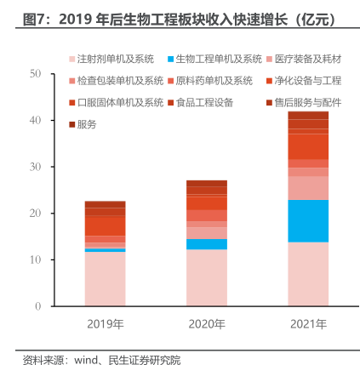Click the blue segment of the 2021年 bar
pyautogui.click(x=308, y=221)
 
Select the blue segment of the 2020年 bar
pyautogui.click(x=207, y=244)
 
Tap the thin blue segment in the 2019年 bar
pyautogui.click(x=105, y=250)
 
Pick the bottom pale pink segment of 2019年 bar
pyautogui.click(x=105, y=279)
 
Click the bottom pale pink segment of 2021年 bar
pyautogui.click(x=308, y=274)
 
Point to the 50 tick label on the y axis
pyautogui.click(x=35, y=74)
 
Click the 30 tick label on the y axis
pyautogui.click(x=35, y=167)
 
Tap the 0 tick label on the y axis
pyautogui.click(x=38, y=306)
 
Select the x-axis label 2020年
pyautogui.click(x=207, y=324)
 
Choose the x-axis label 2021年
pyautogui.click(x=308, y=324)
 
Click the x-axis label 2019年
pyautogui.click(x=106, y=324)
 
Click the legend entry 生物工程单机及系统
pyautogui.click(x=214, y=59)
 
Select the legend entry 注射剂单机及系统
pyautogui.click(x=111, y=59)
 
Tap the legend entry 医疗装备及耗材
pyautogui.click(x=304, y=59)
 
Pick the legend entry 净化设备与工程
pyautogui.click(x=304, y=81)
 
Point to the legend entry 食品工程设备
pyautogui.click(x=201, y=103)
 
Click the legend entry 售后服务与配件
pyautogui.click(x=304, y=103)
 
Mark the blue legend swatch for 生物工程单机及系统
pyautogui.click(x=170, y=60)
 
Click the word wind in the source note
pyautogui.click(x=86, y=360)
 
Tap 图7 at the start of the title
pyautogui.click(x=32, y=20)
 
